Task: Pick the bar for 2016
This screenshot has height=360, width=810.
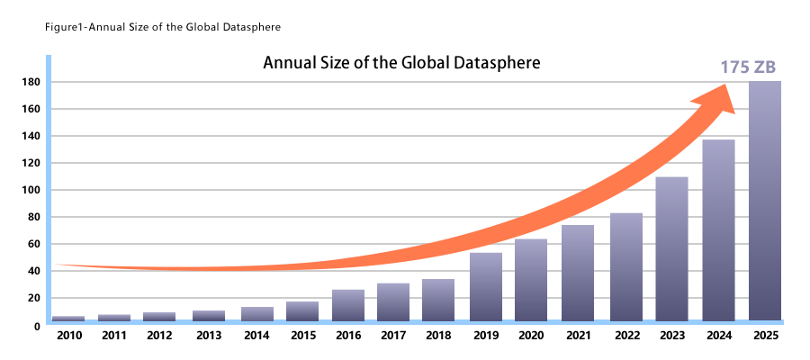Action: click(348, 305)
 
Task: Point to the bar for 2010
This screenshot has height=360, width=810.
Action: click(68, 319)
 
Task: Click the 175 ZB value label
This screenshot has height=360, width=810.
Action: click(748, 67)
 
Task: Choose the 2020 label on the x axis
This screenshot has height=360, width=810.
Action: click(531, 336)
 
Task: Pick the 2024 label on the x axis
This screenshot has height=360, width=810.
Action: click(718, 336)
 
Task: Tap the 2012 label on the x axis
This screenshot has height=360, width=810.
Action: click(159, 336)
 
